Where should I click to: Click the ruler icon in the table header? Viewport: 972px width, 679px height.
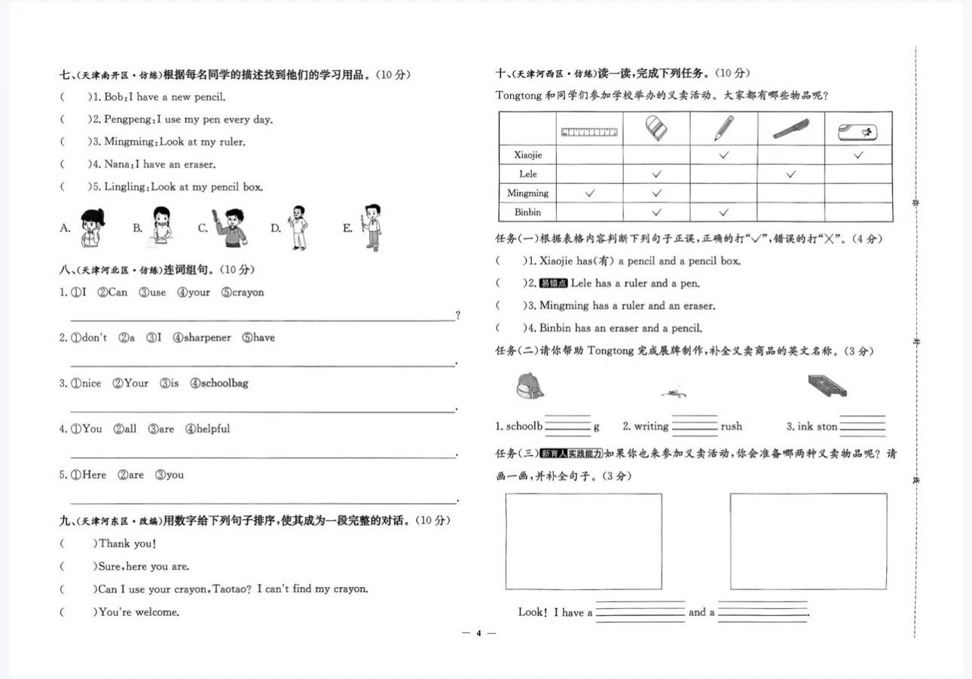tap(589, 132)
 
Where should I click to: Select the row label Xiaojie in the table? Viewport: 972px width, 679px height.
tap(527, 154)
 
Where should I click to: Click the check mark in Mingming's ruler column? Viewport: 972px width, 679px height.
tap(589, 193)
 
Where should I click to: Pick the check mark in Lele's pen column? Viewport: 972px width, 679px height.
tap(790, 174)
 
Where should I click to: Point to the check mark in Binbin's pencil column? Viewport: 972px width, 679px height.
tap(723, 213)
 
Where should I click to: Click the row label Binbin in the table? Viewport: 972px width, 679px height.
tap(527, 213)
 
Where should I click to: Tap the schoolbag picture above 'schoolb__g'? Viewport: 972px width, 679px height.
tap(530, 387)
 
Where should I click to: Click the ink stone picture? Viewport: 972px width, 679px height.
tap(827, 387)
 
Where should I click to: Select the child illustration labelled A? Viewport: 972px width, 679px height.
tap(93, 228)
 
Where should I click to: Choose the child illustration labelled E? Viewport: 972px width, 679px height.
tap(371, 227)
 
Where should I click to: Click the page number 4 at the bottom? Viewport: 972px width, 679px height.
tap(478, 633)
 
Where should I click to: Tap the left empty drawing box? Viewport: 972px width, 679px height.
tap(583, 541)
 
